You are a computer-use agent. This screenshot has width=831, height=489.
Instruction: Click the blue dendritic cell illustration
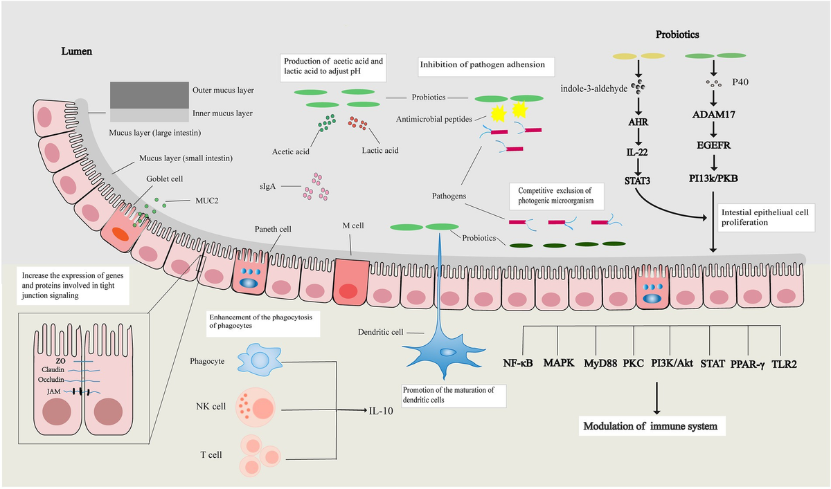[x=443, y=352]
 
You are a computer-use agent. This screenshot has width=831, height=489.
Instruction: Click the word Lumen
[x=75, y=51]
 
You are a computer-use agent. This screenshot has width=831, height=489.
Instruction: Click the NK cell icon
[x=258, y=407]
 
